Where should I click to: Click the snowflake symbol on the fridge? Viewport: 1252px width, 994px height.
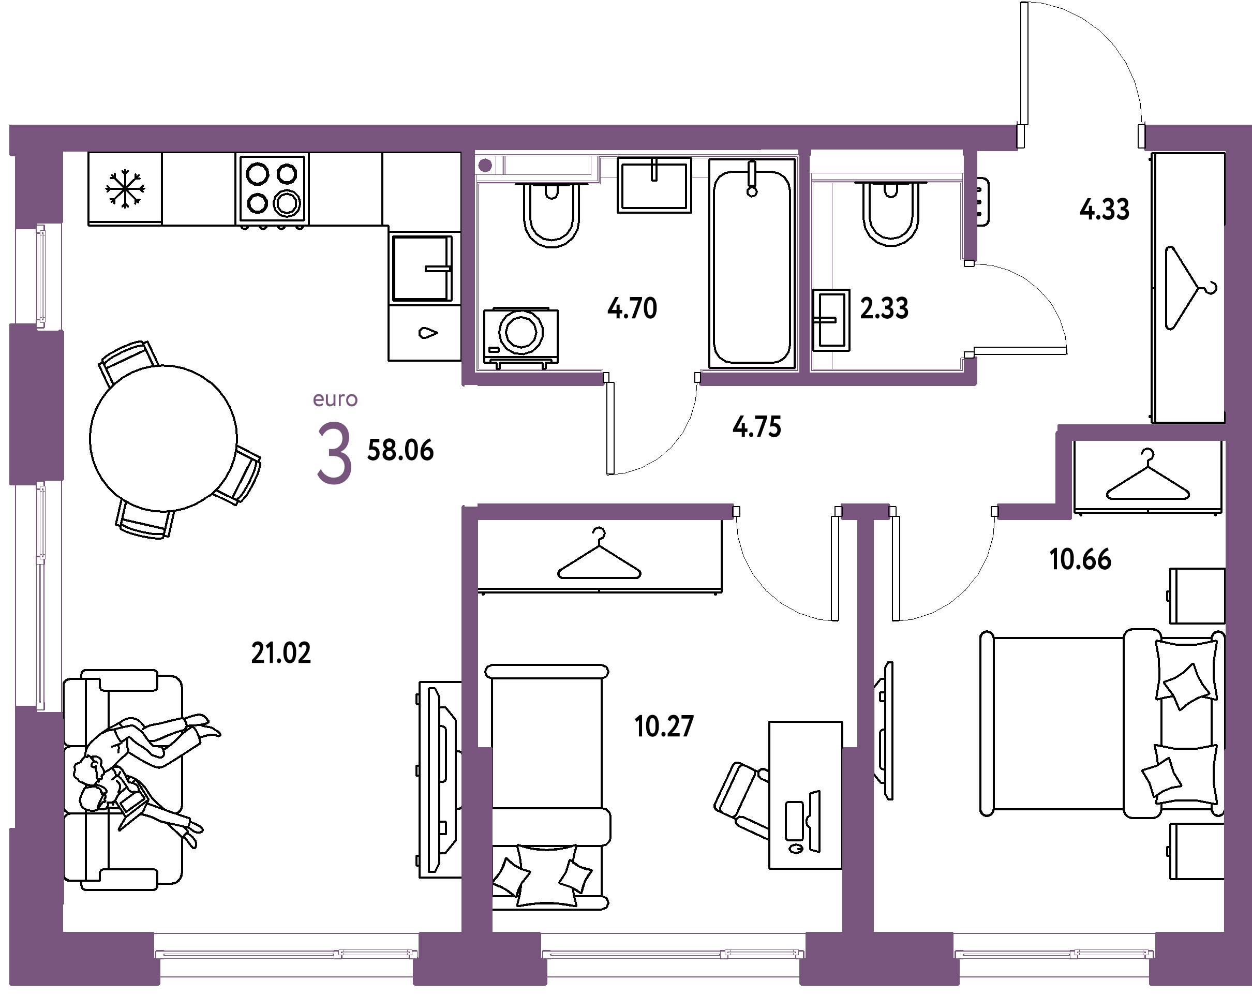pyautogui.click(x=125, y=189)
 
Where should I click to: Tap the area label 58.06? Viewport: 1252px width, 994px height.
pyautogui.click(x=400, y=450)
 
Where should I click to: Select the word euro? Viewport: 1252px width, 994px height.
pyautogui.click(x=335, y=399)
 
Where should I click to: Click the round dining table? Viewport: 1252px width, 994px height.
pyautogui.click(x=163, y=439)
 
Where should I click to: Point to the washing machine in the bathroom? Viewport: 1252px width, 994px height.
pyautogui.click(x=521, y=337)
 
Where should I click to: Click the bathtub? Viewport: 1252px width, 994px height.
pyautogui.click(x=752, y=263)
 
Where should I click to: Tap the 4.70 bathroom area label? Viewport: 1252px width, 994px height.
pyautogui.click(x=632, y=308)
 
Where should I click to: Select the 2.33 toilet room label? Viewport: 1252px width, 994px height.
pyautogui.click(x=884, y=308)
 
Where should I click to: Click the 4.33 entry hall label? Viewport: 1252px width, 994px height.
pyautogui.click(x=1105, y=209)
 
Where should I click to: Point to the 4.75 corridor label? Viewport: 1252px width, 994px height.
pyautogui.click(x=757, y=426)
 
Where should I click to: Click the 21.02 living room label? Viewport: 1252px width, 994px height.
pyautogui.click(x=281, y=652)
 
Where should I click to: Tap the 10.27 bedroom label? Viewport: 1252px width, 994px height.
pyautogui.click(x=664, y=726)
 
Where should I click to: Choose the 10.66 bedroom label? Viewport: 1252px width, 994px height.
pyautogui.click(x=1080, y=559)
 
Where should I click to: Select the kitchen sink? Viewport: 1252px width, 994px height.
pyautogui.click(x=422, y=269)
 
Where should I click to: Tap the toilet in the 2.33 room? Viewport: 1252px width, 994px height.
pyautogui.click(x=891, y=213)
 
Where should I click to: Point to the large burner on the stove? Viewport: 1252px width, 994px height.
pyautogui.click(x=287, y=203)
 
